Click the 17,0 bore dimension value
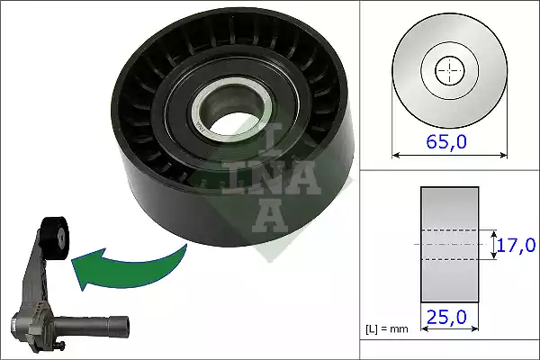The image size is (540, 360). click(x=517, y=244)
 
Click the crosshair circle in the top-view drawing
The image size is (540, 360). click(x=447, y=69)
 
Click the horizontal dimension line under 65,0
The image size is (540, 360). click(x=447, y=155)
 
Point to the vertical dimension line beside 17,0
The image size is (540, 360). click(x=492, y=244)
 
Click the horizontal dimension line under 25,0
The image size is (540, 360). click(x=449, y=328)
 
